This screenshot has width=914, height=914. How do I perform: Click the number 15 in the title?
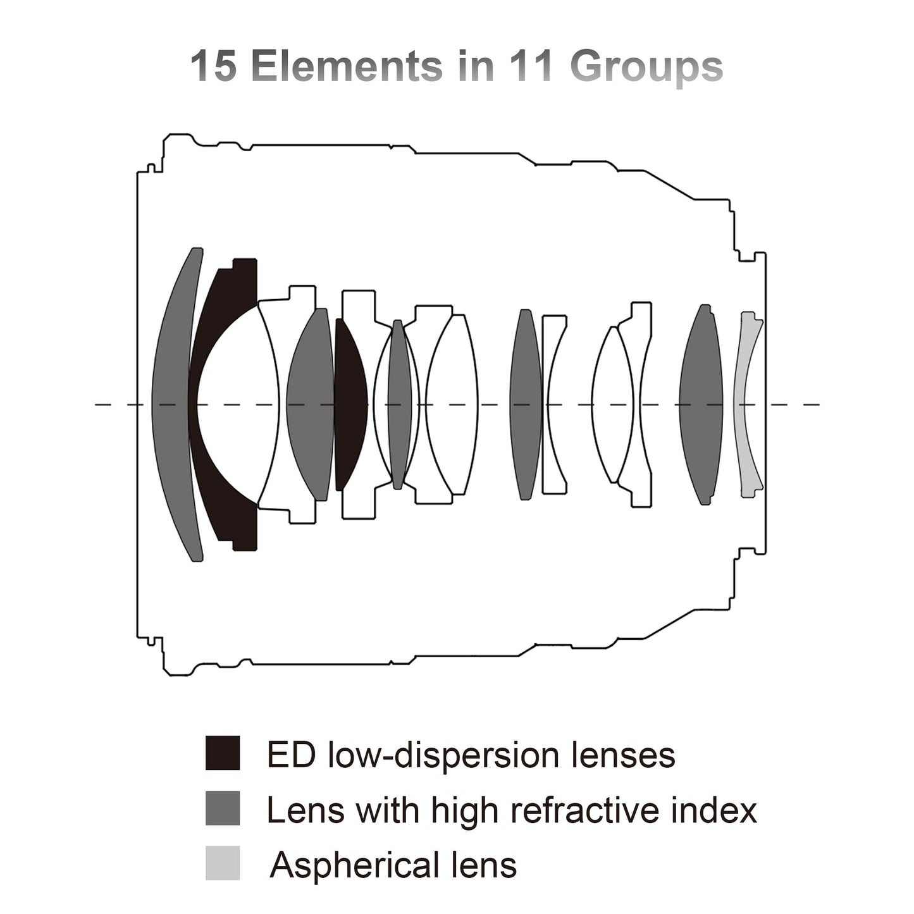pyautogui.click(x=213, y=65)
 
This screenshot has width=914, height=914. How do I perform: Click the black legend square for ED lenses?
pyautogui.click(x=223, y=752)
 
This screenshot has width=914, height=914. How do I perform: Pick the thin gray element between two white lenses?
pyautogui.click(x=399, y=404)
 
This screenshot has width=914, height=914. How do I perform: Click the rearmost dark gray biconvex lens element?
pyautogui.click(x=701, y=404)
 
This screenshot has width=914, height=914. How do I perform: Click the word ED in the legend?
pyautogui.click(x=291, y=754)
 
